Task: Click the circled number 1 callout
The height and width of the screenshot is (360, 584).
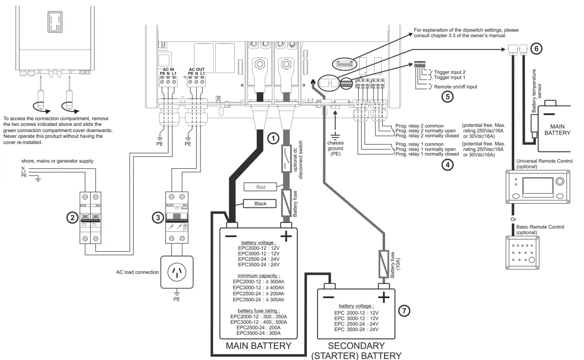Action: pyautogui.click(x=272, y=139)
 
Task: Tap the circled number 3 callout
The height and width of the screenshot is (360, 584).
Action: pyautogui.click(x=158, y=218)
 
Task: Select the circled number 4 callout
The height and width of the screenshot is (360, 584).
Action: pyautogui.click(x=447, y=165)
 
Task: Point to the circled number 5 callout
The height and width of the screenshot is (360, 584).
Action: pyautogui.click(x=447, y=96)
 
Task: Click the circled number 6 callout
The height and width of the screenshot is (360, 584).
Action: pyautogui.click(x=536, y=48)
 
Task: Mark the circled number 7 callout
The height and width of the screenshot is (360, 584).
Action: pyautogui.click(x=404, y=310)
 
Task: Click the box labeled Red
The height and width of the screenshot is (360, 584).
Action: pyautogui.click(x=261, y=187)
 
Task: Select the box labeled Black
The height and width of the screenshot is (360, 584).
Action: pyautogui.click(x=261, y=204)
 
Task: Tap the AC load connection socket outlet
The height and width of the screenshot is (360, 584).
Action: pyautogui.click(x=177, y=273)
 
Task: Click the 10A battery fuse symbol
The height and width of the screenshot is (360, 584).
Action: pyautogui.click(x=384, y=264)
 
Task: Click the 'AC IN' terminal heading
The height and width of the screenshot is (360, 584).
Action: pyautogui.click(x=168, y=69)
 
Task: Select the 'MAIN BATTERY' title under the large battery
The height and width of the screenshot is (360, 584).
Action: pyautogui.click(x=258, y=346)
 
